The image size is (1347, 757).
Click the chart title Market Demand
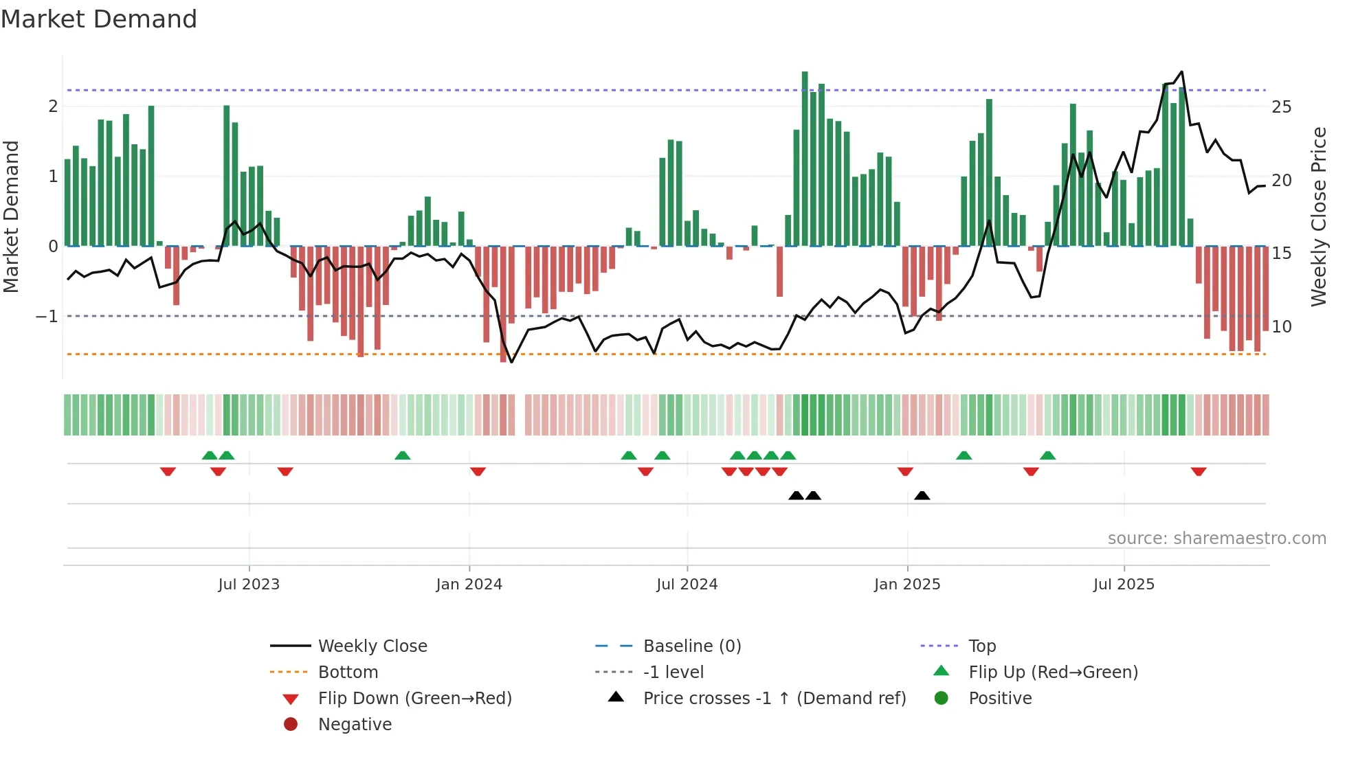(99, 19)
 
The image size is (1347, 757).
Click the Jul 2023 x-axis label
(249, 585)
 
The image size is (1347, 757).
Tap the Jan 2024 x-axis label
(469, 585)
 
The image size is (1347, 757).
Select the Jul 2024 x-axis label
(687, 585)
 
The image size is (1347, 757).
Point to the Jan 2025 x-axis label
(907, 585)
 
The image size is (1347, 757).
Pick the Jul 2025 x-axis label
(1124, 585)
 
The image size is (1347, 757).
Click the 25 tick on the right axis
(1281, 107)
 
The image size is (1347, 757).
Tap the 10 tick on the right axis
(1281, 327)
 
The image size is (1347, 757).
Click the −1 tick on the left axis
(47, 317)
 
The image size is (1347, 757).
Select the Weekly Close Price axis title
(1318, 216)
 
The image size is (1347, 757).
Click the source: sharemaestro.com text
(1216, 539)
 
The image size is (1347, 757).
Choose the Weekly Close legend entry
(372, 646)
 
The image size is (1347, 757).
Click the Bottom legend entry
(348, 673)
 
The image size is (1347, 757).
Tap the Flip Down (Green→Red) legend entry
(414, 699)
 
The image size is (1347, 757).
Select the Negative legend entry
(355, 725)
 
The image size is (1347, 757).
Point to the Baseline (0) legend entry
(691, 646)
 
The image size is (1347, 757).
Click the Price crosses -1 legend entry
(774, 699)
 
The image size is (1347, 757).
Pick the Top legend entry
(981, 646)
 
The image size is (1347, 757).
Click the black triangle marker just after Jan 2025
(922, 495)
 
